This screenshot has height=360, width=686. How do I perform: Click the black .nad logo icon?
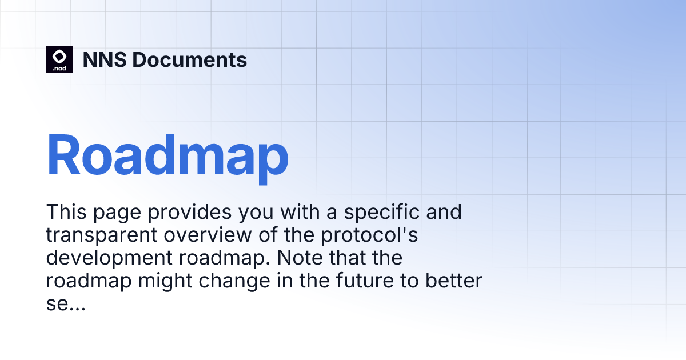pyautogui.click(x=59, y=59)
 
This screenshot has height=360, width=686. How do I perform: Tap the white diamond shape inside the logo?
pyautogui.click(x=59, y=56)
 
